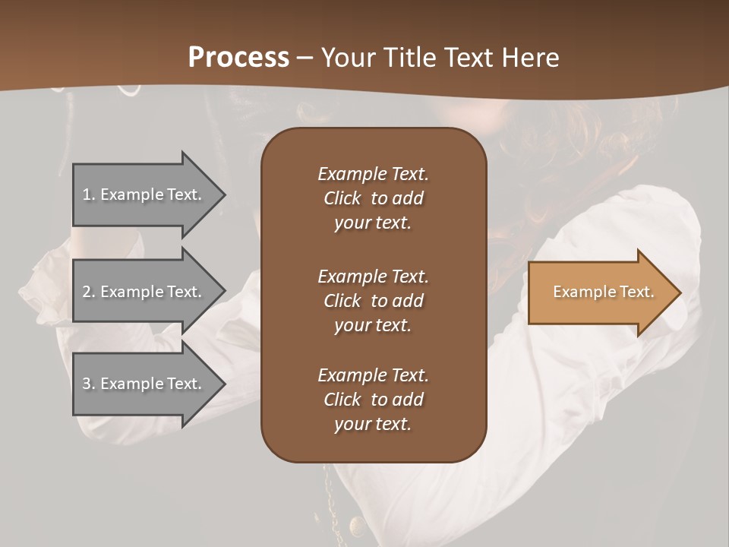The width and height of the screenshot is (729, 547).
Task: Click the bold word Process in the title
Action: point(238,58)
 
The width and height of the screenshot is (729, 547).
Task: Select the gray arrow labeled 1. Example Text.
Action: point(144,194)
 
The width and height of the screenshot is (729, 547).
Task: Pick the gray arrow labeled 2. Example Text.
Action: point(144,292)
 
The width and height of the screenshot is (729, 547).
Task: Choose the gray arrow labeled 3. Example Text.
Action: point(144,384)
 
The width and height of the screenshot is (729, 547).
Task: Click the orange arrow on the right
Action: point(600,292)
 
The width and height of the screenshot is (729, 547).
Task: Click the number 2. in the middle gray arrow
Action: point(89,292)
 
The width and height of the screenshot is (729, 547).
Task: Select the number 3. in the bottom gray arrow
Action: point(89,384)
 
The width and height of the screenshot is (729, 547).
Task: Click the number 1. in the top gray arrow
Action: point(88,194)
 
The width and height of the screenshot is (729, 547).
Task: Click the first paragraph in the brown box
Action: point(373,198)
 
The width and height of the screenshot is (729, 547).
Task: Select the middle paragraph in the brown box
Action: point(373,301)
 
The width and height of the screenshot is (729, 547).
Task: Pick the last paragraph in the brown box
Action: point(373,400)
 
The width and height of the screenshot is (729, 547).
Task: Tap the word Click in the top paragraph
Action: point(342,198)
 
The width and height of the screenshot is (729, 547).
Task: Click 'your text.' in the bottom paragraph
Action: point(373,425)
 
